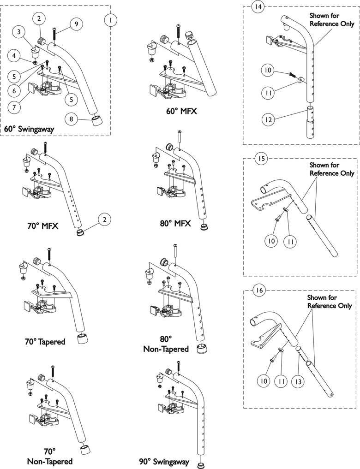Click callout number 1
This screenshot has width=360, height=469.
click(x=110, y=20)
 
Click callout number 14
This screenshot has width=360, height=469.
click(x=258, y=7)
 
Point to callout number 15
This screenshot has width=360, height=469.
click(x=261, y=159)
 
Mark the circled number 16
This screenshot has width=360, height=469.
click(x=259, y=290)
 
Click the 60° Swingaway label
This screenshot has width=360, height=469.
click(x=29, y=130)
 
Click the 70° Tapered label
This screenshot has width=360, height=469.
click(x=45, y=342)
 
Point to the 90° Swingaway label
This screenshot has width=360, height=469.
click(x=164, y=461)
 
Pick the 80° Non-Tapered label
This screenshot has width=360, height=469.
click(x=166, y=344)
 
